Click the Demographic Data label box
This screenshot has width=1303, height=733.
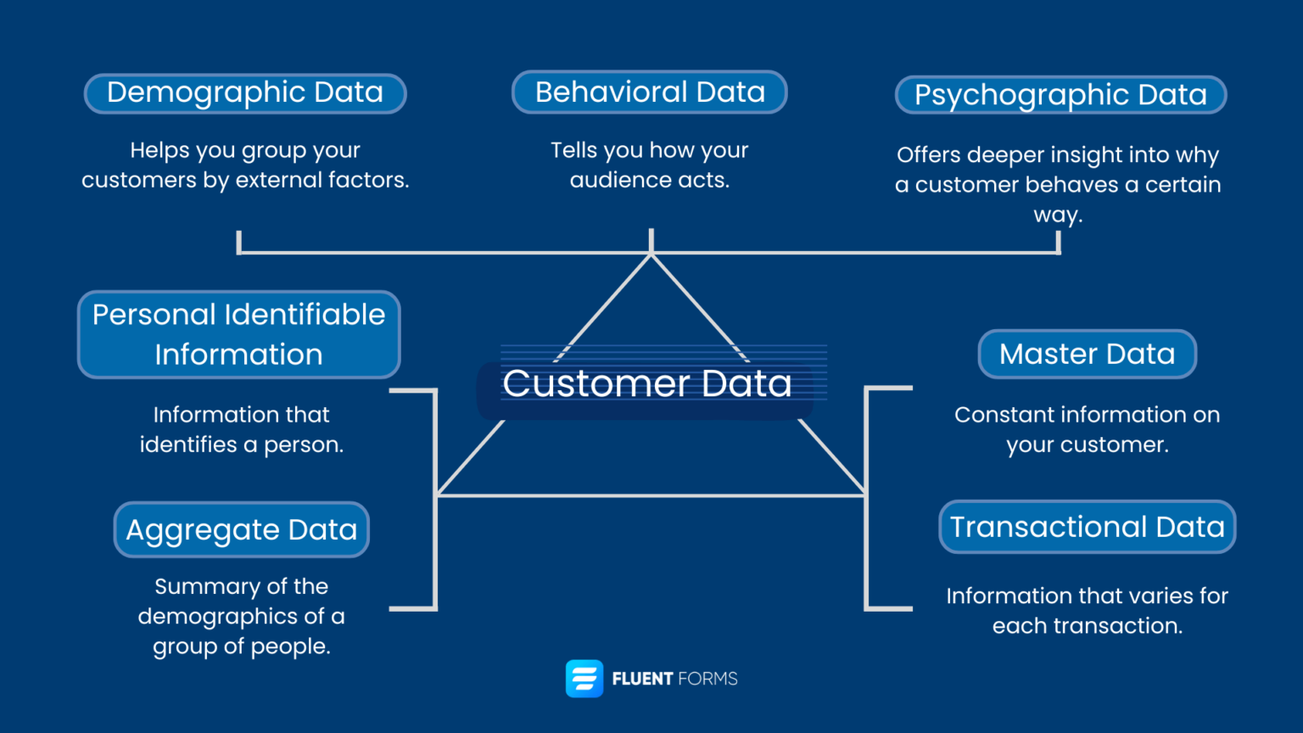(x=245, y=93)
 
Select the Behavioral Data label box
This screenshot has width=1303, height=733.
(x=650, y=92)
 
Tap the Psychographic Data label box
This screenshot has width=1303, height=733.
(x=1060, y=95)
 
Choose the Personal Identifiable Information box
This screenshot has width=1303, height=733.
(x=238, y=334)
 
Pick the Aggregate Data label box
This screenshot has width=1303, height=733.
(x=242, y=529)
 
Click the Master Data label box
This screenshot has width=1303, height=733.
(x=1087, y=354)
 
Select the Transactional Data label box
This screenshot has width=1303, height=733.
(x=1087, y=527)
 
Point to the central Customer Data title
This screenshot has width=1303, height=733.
(x=646, y=384)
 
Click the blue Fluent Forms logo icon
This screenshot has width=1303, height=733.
(x=584, y=679)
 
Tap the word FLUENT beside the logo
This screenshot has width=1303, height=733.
(x=643, y=679)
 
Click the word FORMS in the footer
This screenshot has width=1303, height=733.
(x=708, y=679)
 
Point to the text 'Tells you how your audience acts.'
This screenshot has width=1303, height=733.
(x=649, y=165)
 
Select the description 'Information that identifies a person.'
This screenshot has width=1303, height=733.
(x=242, y=429)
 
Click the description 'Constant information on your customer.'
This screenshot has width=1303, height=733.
(x=1087, y=429)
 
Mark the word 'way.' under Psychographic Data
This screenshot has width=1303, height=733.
(x=1058, y=215)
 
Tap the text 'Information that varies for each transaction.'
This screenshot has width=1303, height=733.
(x=1087, y=611)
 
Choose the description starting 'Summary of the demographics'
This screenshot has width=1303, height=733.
(x=242, y=616)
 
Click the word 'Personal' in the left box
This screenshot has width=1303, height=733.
(x=154, y=315)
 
